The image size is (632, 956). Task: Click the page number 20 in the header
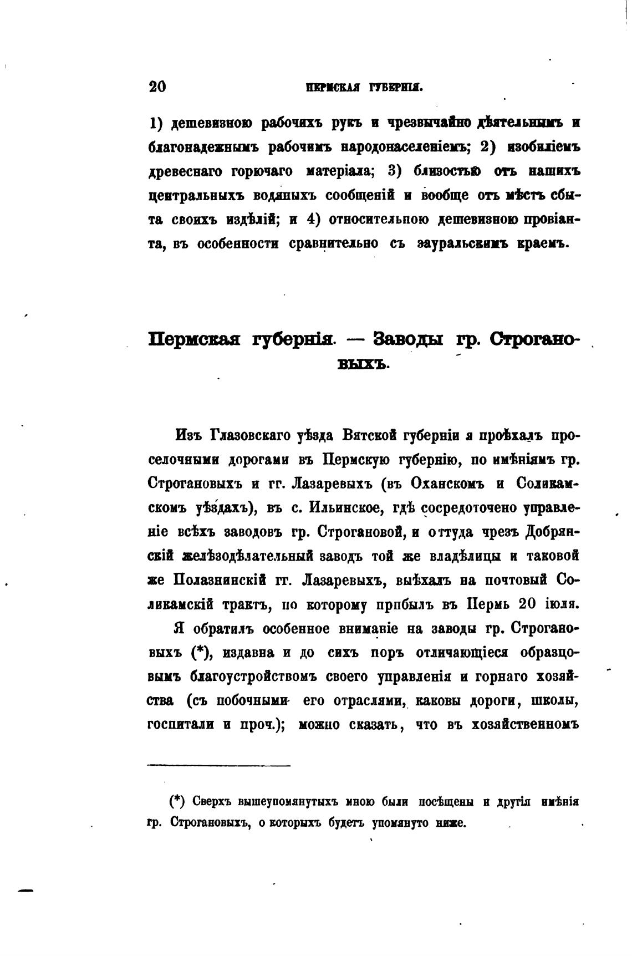coord(157,87)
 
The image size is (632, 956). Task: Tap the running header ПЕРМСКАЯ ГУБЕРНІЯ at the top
coord(364,87)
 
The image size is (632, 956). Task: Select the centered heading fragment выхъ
coord(364,364)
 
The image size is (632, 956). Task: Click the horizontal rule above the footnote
coord(219,766)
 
